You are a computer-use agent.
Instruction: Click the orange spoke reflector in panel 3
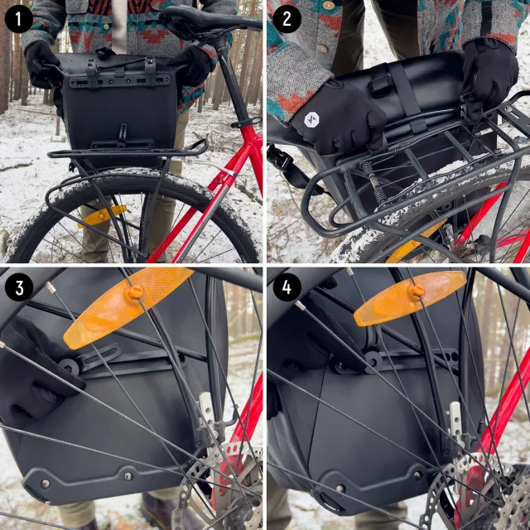click(x=128, y=307)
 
